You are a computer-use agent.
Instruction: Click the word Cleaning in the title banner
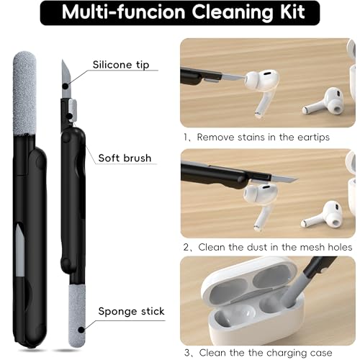click(x=233, y=12)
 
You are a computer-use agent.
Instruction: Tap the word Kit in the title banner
click(x=292, y=12)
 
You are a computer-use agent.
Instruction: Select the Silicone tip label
click(x=121, y=65)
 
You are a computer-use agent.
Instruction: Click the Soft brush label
click(x=125, y=158)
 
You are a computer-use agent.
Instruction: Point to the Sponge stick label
click(x=131, y=311)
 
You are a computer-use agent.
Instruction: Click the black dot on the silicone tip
click(x=66, y=86)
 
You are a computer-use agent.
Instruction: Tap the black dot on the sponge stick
click(x=81, y=330)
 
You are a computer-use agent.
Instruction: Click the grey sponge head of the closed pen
click(x=24, y=93)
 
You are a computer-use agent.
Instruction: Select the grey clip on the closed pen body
click(x=20, y=250)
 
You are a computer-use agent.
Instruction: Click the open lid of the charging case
click(x=250, y=281)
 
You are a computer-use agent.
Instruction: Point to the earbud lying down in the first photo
click(x=323, y=102)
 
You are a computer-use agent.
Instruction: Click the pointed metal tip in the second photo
click(x=284, y=179)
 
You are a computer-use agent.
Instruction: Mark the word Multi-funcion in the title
click(x=124, y=12)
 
